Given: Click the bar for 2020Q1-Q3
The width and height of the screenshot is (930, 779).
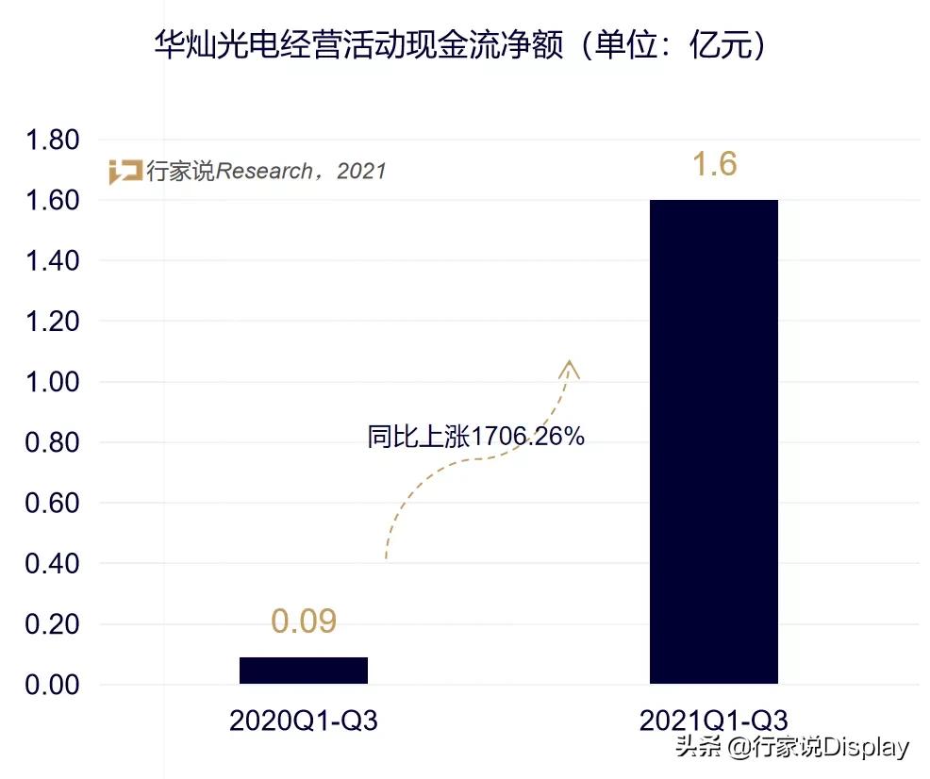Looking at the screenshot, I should coord(303,670).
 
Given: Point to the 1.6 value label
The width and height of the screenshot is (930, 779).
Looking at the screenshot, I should coord(714,164).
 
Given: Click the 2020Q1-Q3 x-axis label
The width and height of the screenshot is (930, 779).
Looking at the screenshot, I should coord(303,721).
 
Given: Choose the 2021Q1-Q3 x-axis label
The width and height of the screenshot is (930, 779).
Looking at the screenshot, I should coord(713,721).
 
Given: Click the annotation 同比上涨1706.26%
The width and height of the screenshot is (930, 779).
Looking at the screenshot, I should coord(476,437).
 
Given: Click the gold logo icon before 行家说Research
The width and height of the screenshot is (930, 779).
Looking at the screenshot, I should coord(125,172).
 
